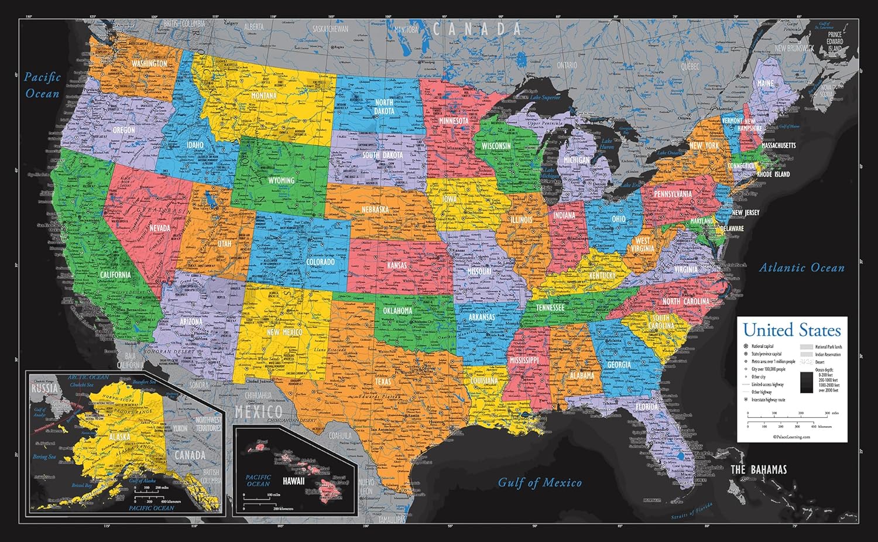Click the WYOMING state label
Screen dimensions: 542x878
pos(281,180)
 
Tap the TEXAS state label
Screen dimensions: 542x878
pos(383,382)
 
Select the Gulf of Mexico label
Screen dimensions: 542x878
pos(540,483)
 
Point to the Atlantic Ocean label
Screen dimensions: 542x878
pos(801,268)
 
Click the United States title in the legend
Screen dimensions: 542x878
pos(791,330)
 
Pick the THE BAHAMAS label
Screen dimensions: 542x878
pos(759,469)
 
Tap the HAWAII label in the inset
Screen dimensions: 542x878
pos(293,481)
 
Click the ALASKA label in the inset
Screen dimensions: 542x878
pos(119,437)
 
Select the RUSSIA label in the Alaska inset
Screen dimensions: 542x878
pos(44,388)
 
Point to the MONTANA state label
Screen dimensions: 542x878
pos(263,95)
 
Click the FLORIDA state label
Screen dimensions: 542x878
pos(646,407)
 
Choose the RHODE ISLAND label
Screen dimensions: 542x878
pos(773,174)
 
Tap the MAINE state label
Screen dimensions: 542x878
pos(765,84)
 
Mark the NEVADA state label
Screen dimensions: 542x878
pos(160,228)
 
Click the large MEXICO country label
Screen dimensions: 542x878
pos(258,411)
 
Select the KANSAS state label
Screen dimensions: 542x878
pos(397,266)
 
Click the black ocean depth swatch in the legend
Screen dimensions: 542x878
pos(807,382)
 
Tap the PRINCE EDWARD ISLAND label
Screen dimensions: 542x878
pos(835,42)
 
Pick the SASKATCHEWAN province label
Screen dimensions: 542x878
pos(330,29)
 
